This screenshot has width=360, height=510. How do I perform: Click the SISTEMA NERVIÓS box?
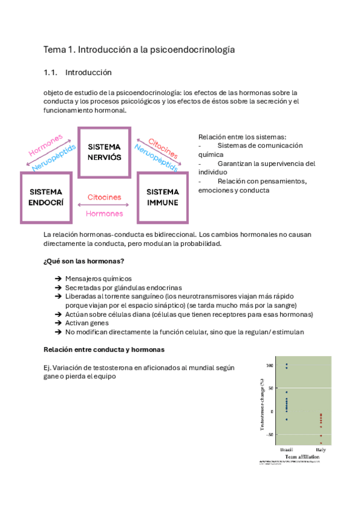(x=104, y=152)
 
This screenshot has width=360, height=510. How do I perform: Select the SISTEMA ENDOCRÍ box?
(x=46, y=197)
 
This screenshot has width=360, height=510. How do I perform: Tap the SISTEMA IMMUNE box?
(x=162, y=197)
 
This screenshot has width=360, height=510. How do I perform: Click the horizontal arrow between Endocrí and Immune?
(x=105, y=205)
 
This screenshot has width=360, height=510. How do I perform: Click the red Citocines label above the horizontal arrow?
(x=105, y=197)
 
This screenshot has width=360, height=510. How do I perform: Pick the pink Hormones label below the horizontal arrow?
(x=105, y=214)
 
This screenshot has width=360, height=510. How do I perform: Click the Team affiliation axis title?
(x=302, y=457)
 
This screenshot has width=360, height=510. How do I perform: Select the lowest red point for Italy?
(x=321, y=443)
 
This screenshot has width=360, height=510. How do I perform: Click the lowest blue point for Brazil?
(x=287, y=419)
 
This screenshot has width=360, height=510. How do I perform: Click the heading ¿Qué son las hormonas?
(x=84, y=260)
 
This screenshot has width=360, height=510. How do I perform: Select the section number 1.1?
(x=50, y=72)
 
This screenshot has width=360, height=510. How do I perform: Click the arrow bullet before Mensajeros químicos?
(x=58, y=279)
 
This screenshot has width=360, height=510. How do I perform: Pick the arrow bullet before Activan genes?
(x=58, y=323)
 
